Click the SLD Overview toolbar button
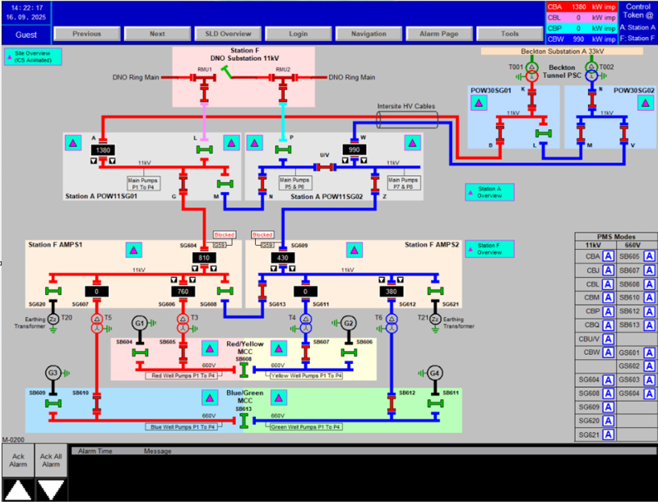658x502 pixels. pos(224,34)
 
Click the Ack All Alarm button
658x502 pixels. pos(51,461)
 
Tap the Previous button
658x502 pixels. pos(86,34)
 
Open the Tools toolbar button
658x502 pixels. pos(510,34)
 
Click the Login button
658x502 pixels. pos(298,34)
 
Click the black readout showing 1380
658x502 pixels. pos(104,151)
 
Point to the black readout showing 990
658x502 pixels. pos(355,151)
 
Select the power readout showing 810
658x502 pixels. pos(204,258)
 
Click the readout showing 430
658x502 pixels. pos(282,258)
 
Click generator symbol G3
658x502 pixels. pos(53,373)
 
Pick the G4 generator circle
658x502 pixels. pos(434,373)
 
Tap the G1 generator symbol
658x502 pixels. pos(140,324)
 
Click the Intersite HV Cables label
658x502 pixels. pos(406,107)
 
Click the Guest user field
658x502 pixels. pos(25,35)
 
